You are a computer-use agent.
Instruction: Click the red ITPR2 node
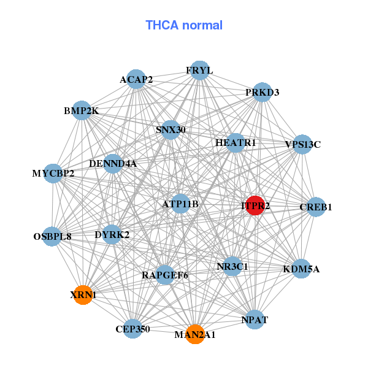pyautogui.click(x=255, y=205)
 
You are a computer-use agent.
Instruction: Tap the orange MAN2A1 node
pyautogui.click(x=194, y=334)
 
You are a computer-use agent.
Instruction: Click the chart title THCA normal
pyautogui.click(x=184, y=25)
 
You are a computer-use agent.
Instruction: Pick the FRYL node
pyautogui.click(x=199, y=71)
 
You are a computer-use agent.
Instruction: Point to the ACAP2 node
pyautogui.click(x=136, y=79)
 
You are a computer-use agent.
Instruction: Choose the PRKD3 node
pyautogui.click(x=262, y=93)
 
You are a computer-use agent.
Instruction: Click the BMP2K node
pyautogui.click(x=82, y=111)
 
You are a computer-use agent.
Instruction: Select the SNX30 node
pyautogui.click(x=171, y=129)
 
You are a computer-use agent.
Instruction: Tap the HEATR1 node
pyautogui.click(x=236, y=143)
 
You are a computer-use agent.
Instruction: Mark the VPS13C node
pyautogui.click(x=302, y=145)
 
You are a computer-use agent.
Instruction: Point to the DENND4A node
pyautogui.click(x=113, y=164)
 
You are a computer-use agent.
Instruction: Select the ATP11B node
pyautogui.click(x=180, y=204)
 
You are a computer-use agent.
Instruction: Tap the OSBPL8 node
pyautogui.click(x=52, y=236)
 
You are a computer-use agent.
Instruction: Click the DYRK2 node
pyautogui.click(x=112, y=234)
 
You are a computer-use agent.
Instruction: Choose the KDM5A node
pyautogui.click(x=301, y=269)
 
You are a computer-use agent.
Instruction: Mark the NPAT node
pyautogui.click(x=255, y=320)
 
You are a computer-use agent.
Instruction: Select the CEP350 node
pyautogui.click(x=132, y=329)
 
